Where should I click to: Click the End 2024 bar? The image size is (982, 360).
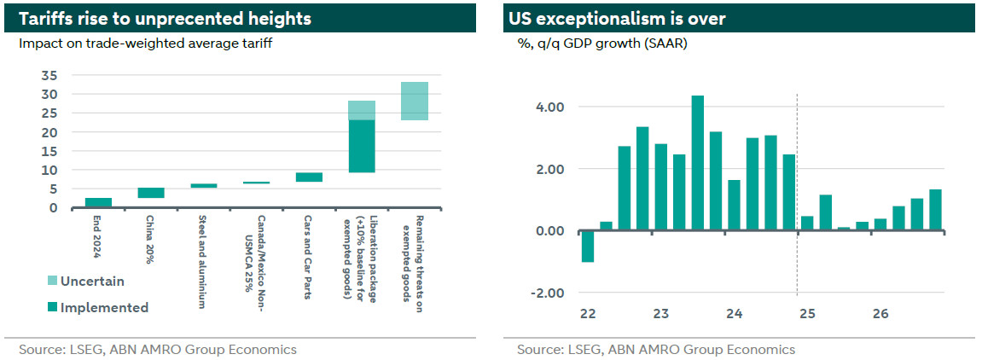tap(98, 202)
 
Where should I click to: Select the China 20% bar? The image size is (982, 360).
tap(151, 193)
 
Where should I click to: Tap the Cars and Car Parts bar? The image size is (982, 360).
tap(309, 177)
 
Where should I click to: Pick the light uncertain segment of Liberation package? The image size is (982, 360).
tap(362, 111)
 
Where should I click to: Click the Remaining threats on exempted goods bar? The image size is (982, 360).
tap(415, 101)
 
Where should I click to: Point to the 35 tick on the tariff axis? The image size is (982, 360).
tap(50, 76)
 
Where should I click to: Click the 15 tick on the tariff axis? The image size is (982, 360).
tap(50, 151)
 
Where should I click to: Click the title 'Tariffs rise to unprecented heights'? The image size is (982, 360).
tap(162, 18)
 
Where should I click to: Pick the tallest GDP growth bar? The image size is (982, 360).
tap(698, 163)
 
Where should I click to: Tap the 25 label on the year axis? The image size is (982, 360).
tap(807, 314)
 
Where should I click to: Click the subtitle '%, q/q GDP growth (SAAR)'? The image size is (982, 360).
tap(597, 44)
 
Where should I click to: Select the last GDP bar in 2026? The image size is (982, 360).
tap(936, 210)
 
